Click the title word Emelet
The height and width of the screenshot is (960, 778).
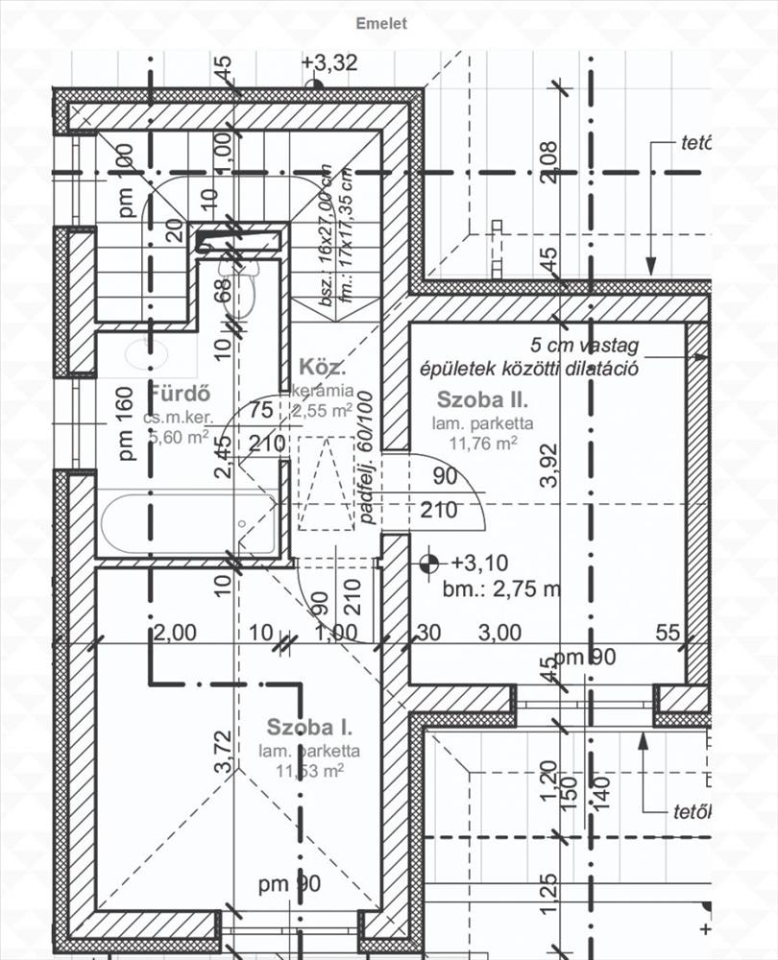(381, 23)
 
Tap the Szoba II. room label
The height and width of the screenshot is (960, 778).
(478, 398)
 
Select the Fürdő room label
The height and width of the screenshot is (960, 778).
(178, 394)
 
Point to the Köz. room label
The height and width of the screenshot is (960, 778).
(322, 368)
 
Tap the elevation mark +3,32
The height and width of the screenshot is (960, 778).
(329, 63)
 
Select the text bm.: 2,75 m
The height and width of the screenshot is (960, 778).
(500, 589)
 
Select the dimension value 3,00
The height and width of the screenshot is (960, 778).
(499, 632)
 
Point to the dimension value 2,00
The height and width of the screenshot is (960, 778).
(175, 632)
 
